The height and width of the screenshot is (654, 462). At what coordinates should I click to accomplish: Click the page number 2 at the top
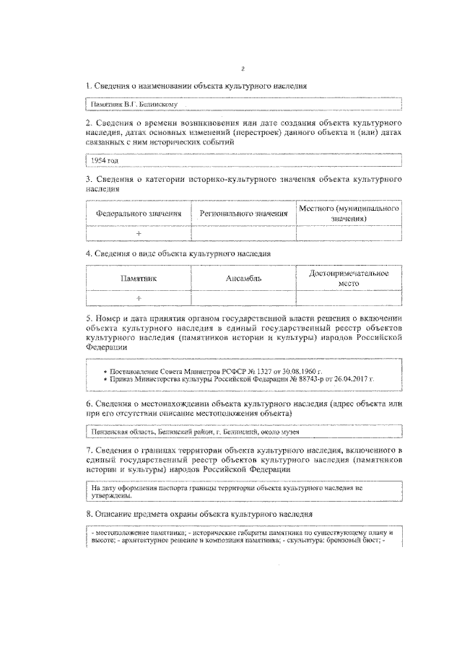pyautogui.click(x=243, y=69)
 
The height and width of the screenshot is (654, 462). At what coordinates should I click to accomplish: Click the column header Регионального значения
pyautogui.click(x=243, y=214)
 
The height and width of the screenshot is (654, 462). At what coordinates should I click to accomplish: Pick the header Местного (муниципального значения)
pyautogui.click(x=349, y=213)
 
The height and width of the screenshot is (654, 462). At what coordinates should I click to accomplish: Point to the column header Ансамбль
pyautogui.click(x=243, y=278)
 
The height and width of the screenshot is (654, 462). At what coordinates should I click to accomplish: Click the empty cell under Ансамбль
pyautogui.click(x=243, y=297)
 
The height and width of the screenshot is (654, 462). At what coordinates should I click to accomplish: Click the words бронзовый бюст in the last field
pyautogui.click(x=356, y=541)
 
